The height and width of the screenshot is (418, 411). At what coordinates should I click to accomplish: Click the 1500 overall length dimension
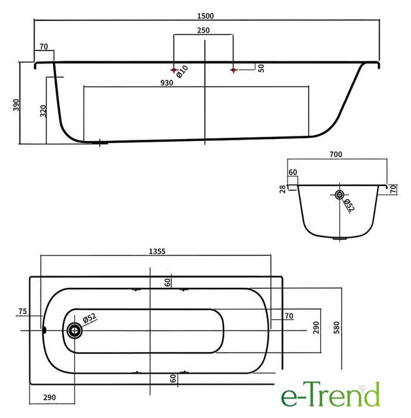(205, 16)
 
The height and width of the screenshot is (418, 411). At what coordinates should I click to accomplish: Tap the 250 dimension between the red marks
(203, 31)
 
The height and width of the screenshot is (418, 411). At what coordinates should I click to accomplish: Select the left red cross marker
(174, 70)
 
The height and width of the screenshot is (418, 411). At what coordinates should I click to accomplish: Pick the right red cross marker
(234, 70)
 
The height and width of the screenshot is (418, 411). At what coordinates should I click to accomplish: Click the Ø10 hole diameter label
(182, 72)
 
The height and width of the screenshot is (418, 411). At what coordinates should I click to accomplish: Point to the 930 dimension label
(167, 83)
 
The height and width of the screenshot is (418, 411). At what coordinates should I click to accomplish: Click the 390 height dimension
(16, 104)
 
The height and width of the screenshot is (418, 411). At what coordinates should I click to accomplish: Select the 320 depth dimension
(43, 111)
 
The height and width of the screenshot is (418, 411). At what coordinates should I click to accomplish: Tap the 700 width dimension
(336, 154)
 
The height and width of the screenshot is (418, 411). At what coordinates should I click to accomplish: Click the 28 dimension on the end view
(282, 189)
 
